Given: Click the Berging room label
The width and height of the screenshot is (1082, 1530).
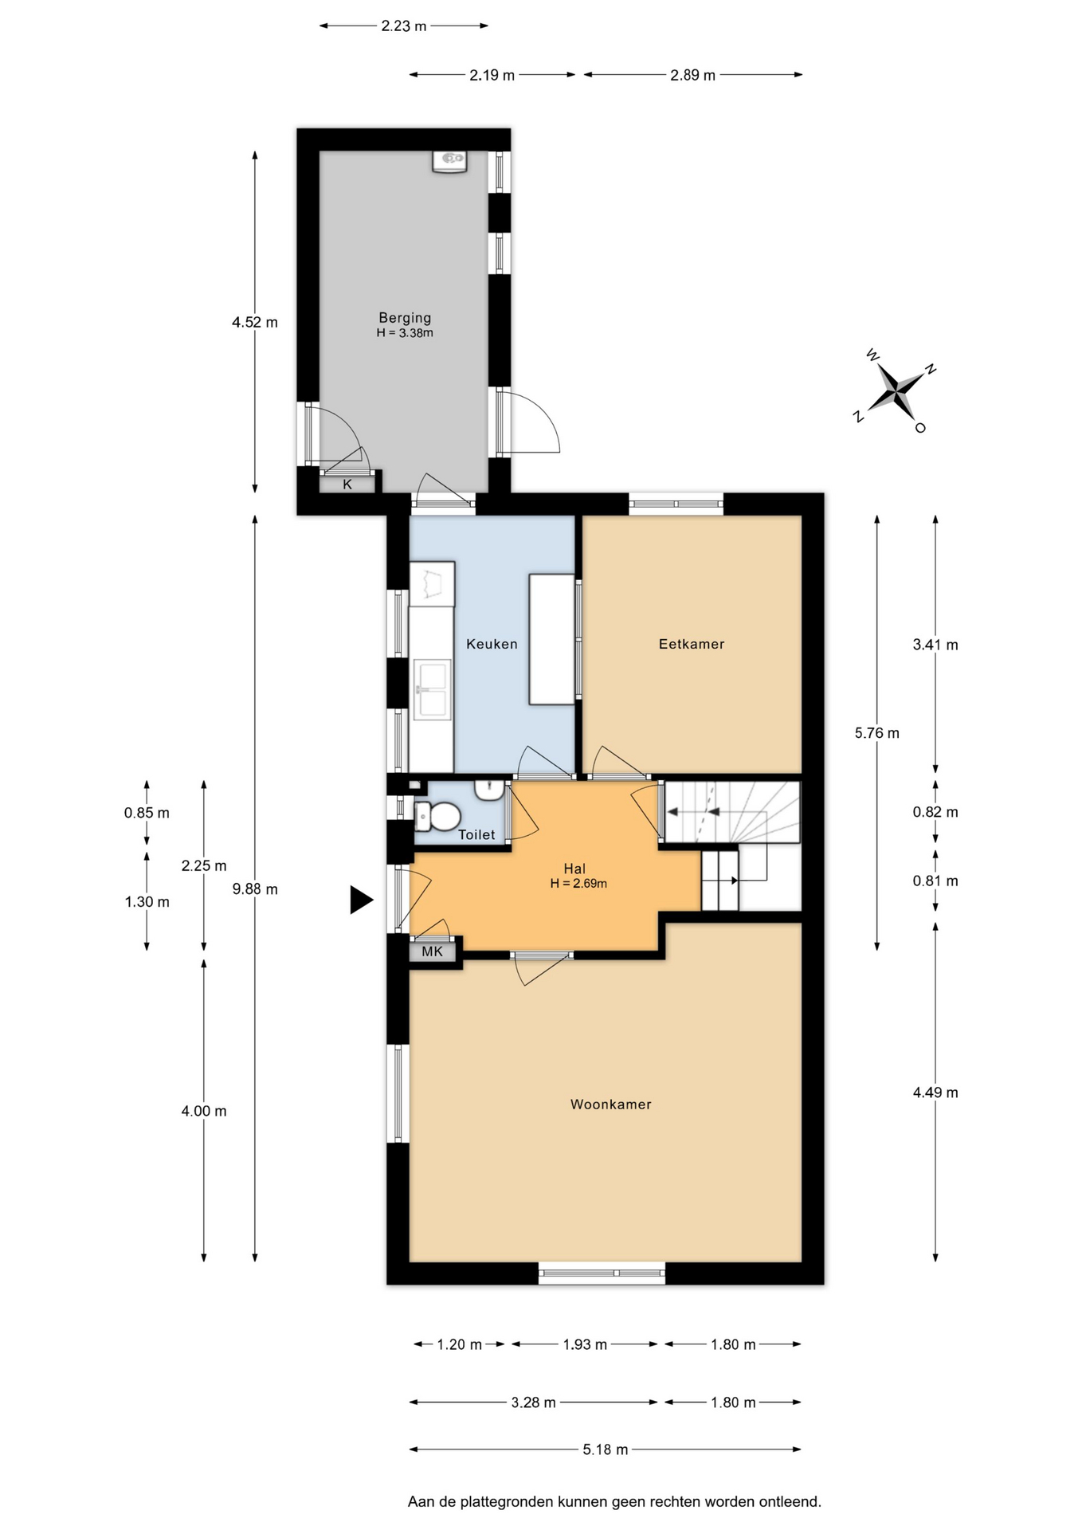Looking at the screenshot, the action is pos(405,318).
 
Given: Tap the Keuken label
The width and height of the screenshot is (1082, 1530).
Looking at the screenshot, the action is pos(492,644).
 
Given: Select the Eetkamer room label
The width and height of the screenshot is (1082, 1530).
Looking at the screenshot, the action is pos(692,644).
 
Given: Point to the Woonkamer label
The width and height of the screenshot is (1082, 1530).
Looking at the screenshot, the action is pos(611,1104).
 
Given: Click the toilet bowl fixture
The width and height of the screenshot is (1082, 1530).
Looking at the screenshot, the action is pos(437,816).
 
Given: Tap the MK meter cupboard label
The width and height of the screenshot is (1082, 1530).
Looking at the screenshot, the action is pos(432,951).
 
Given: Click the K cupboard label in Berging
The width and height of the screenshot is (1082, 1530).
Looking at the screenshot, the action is pos(347,484).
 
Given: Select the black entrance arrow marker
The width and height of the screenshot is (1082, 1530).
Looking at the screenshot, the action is pos(361,900).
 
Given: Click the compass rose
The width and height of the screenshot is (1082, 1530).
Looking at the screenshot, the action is pos(896,391).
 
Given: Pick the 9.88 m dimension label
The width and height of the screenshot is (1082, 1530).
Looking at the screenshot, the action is pos(255,889).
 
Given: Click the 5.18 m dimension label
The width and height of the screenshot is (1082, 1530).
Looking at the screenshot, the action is pos(606,1450).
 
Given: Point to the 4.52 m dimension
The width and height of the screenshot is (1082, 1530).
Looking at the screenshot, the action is pos(255,323).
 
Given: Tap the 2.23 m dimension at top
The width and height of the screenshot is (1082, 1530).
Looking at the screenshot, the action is pos(404,26).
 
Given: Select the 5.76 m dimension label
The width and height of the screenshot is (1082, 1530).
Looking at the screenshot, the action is pos(877,733).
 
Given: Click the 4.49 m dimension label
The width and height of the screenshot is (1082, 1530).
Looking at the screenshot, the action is pos(935,1093).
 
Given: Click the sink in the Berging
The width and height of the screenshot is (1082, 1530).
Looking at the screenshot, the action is pos(449,160).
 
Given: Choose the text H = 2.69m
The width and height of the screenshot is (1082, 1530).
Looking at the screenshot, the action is pos(578,884).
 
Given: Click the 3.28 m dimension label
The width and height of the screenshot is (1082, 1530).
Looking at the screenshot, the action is pos(534,1402).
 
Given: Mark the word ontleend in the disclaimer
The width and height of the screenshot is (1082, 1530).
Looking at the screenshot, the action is pos(790,1502).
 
